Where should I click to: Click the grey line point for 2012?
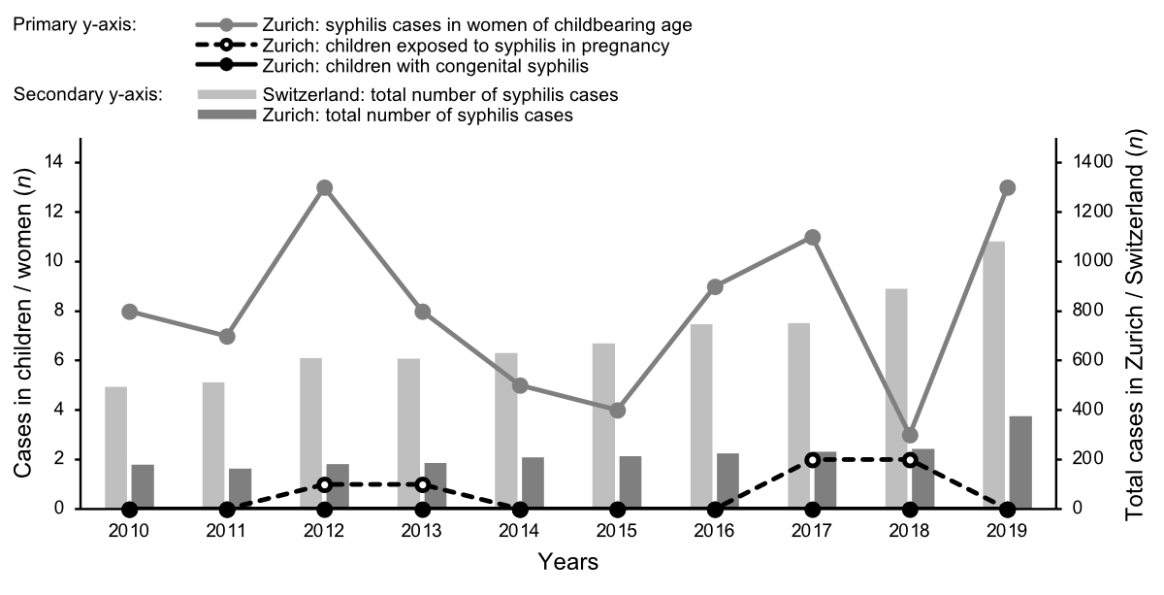click(x=325, y=187)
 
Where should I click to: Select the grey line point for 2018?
click(x=910, y=435)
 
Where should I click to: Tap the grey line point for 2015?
click(x=617, y=411)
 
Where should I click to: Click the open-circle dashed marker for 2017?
click(x=812, y=459)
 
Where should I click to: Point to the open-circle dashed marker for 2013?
click(x=422, y=484)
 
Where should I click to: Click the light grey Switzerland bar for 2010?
click(x=116, y=447)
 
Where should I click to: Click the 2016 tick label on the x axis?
click(x=715, y=531)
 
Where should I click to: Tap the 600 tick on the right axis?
click(x=1083, y=360)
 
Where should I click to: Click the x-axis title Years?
click(x=568, y=561)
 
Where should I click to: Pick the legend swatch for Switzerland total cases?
click(x=227, y=94)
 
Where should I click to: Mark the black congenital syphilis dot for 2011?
click(x=227, y=509)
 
